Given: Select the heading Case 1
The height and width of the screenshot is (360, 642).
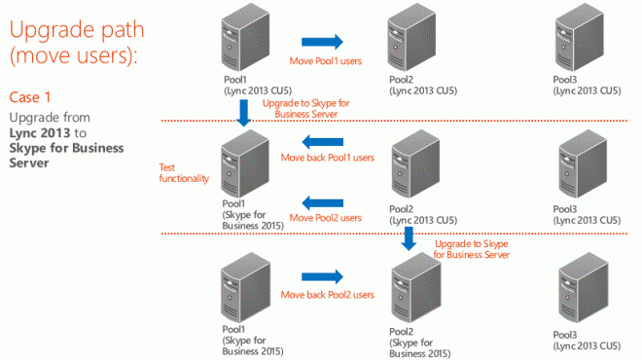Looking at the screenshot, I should [29, 97].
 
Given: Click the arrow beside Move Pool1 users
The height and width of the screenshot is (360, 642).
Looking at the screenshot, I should [322, 42].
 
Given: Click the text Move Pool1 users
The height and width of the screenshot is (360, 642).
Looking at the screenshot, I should [327, 63].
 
